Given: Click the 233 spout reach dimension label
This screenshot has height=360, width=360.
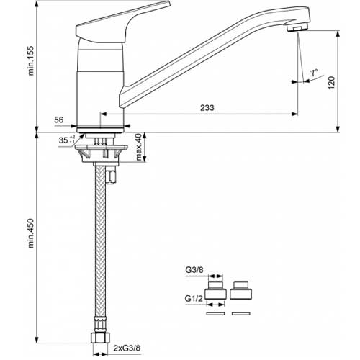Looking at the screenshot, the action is [x=207, y=108].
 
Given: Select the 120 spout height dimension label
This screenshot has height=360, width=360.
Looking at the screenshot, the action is [x=331, y=83].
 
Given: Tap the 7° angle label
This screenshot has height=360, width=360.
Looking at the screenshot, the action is [x=314, y=73].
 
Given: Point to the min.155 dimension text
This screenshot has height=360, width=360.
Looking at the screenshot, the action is [x=31, y=60].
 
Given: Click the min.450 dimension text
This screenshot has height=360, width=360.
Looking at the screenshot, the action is [x=31, y=233].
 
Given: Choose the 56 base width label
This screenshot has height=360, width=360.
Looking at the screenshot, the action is [x=59, y=120].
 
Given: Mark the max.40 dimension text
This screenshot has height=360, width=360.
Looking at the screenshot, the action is [x=138, y=147].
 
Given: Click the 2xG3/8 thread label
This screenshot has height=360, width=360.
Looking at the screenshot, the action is [x=127, y=348].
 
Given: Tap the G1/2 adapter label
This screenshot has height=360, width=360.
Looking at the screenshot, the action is [x=194, y=298].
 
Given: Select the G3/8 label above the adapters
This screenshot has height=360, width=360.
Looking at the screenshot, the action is [x=194, y=270].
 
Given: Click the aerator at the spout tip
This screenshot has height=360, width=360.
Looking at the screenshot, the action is [x=297, y=27].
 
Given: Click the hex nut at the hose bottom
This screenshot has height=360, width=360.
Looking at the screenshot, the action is [x=100, y=337].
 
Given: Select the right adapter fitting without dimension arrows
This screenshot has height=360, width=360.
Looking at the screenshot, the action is [x=240, y=290].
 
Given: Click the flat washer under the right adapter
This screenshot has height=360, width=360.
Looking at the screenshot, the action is [x=241, y=313].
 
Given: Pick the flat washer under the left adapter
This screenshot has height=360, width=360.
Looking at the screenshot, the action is [x=215, y=313].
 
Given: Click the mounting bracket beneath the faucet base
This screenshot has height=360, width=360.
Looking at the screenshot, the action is [x=101, y=153].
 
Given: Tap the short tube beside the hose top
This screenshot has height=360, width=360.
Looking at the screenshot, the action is [x=110, y=176].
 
